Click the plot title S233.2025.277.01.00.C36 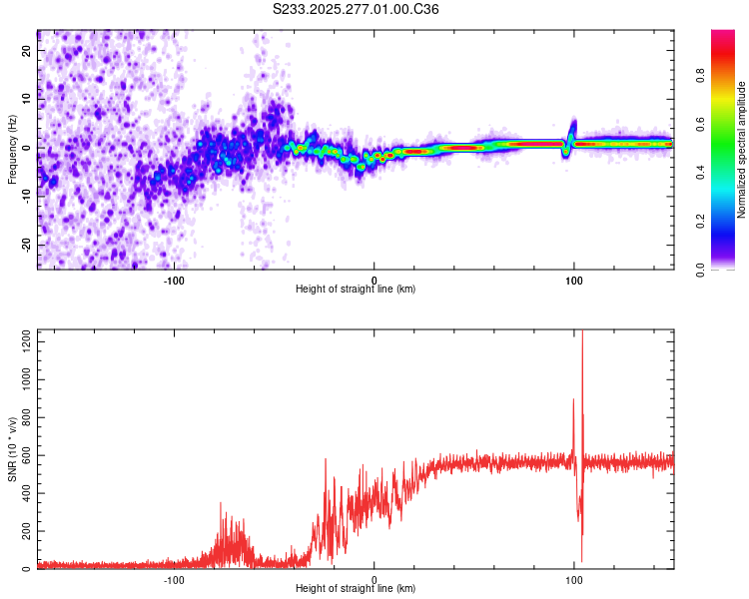click(357, 9)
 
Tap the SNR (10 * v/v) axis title click(12, 449)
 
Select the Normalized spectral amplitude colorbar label click(742, 150)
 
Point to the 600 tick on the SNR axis click(25, 456)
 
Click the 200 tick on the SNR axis click(25, 532)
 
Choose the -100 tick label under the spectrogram click(174, 280)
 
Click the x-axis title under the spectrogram click(356, 290)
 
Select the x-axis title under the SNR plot click(356, 589)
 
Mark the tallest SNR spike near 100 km click(582, 334)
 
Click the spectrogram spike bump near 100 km click(573, 128)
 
